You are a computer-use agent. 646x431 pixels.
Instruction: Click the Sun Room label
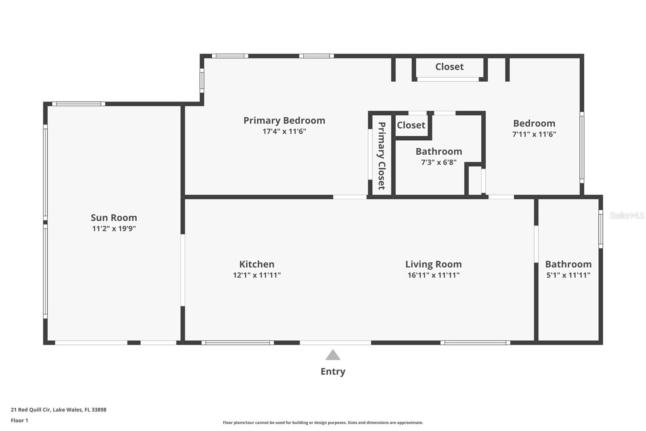click(114, 218)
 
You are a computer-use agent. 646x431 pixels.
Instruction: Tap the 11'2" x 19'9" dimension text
click(114, 228)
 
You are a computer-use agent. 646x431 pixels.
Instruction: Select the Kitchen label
click(257, 264)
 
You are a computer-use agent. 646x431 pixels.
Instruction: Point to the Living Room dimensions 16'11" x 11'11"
click(433, 275)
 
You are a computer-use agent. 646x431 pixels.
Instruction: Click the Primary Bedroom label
click(284, 120)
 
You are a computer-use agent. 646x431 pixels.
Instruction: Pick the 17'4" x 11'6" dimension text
click(284, 131)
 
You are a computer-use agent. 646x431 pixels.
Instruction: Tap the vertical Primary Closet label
click(382, 156)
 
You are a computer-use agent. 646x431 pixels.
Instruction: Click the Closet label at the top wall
click(449, 67)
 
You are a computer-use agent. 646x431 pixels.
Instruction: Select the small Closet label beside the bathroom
click(411, 125)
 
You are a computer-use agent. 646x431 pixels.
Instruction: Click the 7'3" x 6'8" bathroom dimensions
click(439, 162)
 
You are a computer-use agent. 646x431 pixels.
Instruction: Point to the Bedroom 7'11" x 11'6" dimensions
click(534, 134)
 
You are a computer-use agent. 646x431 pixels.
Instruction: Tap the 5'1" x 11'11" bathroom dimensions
click(568, 275)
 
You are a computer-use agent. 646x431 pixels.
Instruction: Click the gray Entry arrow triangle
click(333, 355)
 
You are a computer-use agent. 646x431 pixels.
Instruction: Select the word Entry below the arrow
click(333, 371)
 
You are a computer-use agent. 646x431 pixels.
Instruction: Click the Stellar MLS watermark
click(627, 215)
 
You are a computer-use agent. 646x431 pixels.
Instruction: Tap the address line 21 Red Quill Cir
click(59, 410)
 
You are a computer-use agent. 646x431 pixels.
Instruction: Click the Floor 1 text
click(19, 420)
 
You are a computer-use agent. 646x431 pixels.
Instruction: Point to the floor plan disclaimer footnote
click(323, 423)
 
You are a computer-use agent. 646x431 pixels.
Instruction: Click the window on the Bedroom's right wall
click(582, 148)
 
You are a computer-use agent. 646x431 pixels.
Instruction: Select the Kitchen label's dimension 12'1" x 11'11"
click(257, 275)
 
